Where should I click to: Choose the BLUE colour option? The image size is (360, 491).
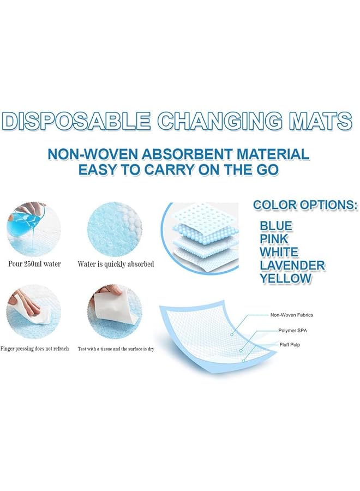(x=275, y=225)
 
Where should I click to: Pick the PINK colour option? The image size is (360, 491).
(x=274, y=238)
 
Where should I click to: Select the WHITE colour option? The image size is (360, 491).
(x=279, y=252)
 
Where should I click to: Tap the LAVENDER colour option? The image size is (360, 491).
(x=292, y=265)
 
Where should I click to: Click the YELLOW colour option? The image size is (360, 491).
(x=285, y=278)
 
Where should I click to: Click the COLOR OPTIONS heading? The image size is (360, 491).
(x=305, y=206)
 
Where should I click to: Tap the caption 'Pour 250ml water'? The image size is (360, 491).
(x=34, y=264)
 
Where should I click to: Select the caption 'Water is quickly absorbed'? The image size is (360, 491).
(x=116, y=264)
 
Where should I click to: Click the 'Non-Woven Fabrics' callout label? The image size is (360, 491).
(x=291, y=315)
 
